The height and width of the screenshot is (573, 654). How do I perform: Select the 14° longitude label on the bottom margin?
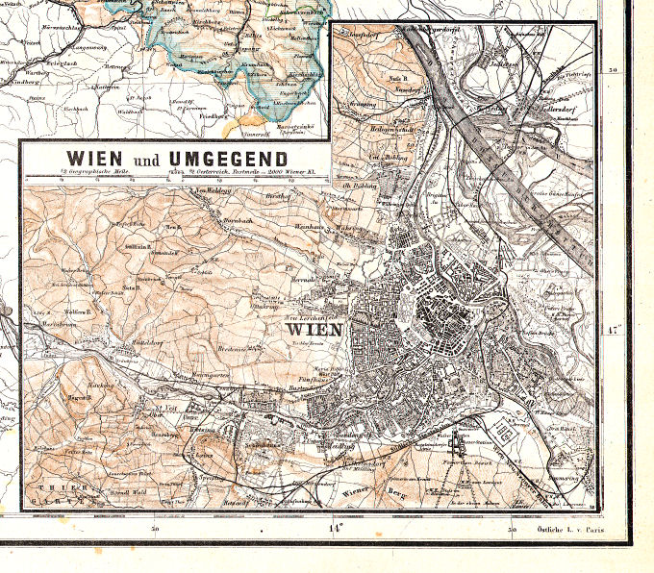(x=335, y=528)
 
